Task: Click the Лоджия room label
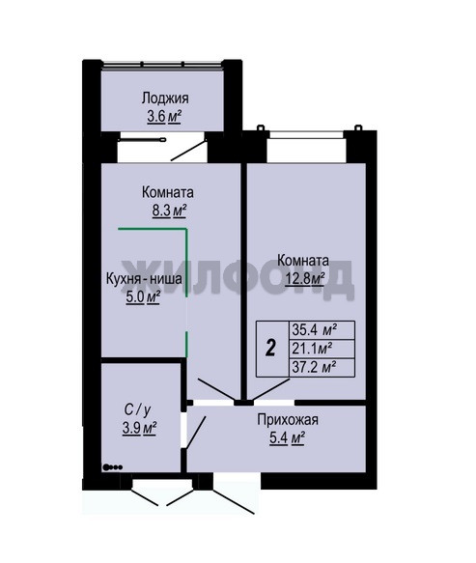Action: point(165,99)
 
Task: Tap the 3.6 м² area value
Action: point(164,117)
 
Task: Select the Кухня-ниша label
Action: point(144,279)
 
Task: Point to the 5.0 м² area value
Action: point(143,297)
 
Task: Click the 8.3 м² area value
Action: point(169,211)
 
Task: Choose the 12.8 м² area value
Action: point(305,279)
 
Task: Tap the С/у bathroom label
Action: point(137,409)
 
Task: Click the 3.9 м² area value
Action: point(139,428)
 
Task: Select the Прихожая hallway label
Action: point(288,419)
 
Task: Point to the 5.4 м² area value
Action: point(287,438)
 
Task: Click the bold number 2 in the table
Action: point(270,349)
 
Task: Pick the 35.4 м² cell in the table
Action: point(315,329)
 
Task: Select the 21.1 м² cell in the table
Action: point(312,348)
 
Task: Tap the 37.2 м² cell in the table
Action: point(314,367)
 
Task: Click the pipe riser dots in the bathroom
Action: point(113,467)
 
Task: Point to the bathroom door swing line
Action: point(195,433)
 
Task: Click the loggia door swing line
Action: point(188,151)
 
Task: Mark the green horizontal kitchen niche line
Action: point(153,229)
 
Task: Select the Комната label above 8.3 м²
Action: point(168,192)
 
